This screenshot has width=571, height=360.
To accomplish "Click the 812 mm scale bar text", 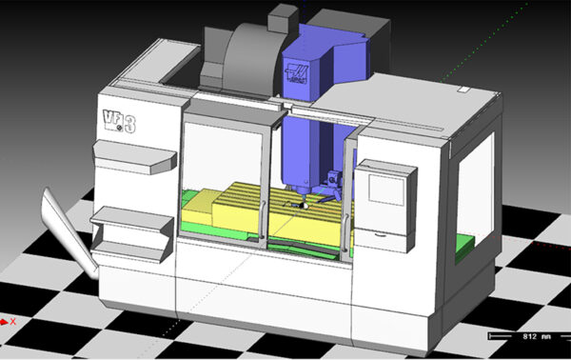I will [520, 337].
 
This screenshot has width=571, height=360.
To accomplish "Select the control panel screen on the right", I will [388, 186].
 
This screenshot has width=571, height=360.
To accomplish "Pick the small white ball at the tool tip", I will [303, 205].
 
